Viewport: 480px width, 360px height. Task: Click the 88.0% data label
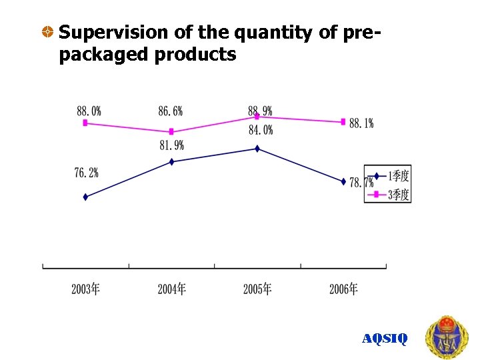pos(89,111)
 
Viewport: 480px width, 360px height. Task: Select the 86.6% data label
pos(171,111)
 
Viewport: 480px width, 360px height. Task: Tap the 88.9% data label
pos(260,111)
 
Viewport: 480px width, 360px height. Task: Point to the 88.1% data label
pos(361,123)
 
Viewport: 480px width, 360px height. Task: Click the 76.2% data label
pos(86,173)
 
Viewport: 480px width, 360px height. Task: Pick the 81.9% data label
pos(171,145)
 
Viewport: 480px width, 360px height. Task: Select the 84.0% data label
pos(261,130)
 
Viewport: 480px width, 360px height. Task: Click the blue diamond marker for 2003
pos(85,197)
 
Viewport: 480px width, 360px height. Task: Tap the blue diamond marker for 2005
pos(257,149)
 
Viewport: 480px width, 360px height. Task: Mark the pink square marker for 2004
pos(171,131)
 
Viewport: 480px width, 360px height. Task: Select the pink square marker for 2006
pos(343,121)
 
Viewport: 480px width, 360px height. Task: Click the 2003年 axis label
pos(86,289)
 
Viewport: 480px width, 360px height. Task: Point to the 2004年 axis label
pos(171,289)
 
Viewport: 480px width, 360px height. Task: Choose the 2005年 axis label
pos(257,289)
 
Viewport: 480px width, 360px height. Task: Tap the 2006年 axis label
pos(343,289)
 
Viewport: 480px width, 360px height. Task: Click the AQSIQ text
pos(385,339)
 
